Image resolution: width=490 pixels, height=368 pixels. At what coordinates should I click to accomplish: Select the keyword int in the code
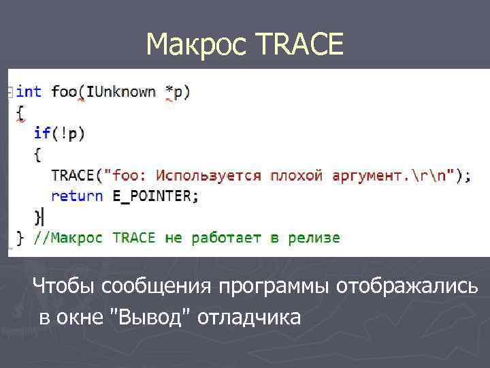coord(29,91)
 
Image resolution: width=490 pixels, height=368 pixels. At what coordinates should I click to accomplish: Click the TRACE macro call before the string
coord(73,176)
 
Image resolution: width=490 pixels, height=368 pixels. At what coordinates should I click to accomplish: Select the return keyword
coord(77,196)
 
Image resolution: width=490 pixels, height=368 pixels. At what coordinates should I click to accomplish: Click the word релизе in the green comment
coord(314,238)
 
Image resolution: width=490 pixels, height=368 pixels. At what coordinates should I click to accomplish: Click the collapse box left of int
coord(10,91)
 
